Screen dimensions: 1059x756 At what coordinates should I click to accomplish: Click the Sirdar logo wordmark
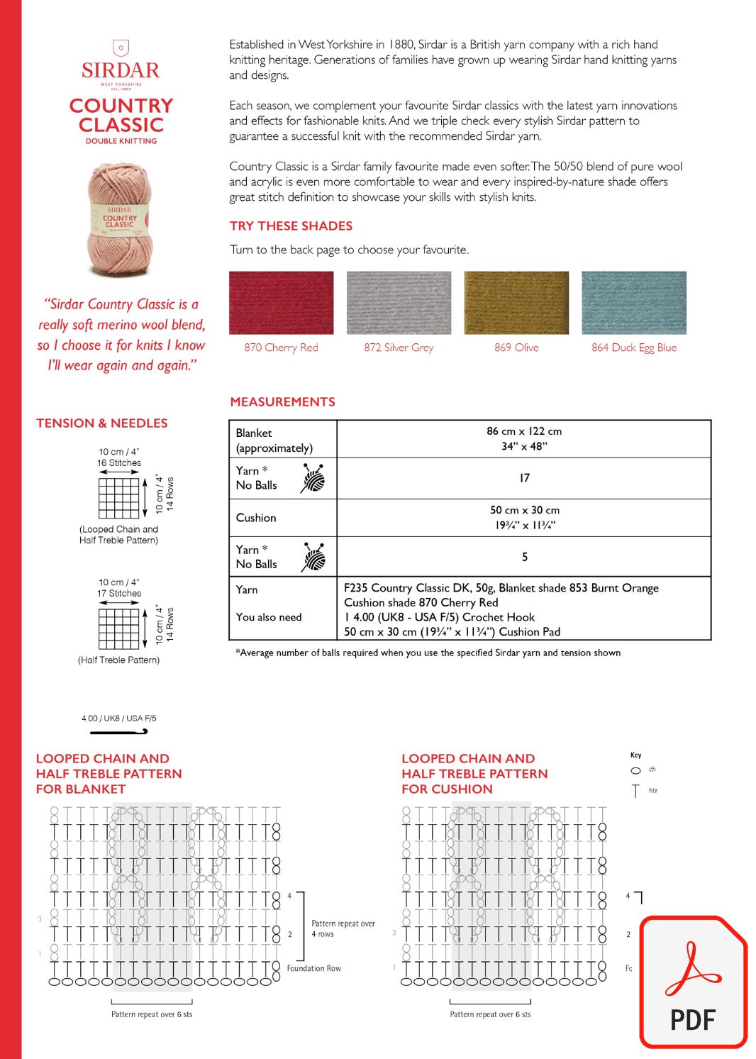[121, 70]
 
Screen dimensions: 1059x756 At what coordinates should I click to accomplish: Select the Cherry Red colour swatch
[281, 302]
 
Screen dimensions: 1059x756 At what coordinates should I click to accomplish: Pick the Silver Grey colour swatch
[399, 302]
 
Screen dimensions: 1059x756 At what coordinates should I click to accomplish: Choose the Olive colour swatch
[516, 302]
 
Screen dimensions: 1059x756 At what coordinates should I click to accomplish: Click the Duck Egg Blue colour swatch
[634, 302]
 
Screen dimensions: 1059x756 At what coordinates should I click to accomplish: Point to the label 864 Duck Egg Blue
[634, 348]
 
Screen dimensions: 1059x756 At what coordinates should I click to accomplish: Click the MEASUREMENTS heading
[282, 401]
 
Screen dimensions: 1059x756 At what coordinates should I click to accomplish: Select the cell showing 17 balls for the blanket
[524, 478]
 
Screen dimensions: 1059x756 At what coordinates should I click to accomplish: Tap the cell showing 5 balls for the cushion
[524, 557]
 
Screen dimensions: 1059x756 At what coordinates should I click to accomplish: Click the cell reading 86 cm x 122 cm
[524, 431]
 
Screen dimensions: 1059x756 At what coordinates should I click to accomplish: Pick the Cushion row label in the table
[256, 518]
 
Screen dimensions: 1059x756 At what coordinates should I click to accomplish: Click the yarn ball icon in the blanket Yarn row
[313, 478]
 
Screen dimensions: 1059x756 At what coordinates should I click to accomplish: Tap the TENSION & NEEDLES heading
[102, 423]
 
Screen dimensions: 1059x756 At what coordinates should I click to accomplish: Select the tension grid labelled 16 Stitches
[118, 498]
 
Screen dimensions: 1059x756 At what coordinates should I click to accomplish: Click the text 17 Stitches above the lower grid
[119, 593]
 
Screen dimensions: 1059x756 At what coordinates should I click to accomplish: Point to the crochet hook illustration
[118, 731]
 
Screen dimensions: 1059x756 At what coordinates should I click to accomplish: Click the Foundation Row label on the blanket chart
[313, 968]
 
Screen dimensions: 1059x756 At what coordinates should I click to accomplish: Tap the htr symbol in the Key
[635, 791]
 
